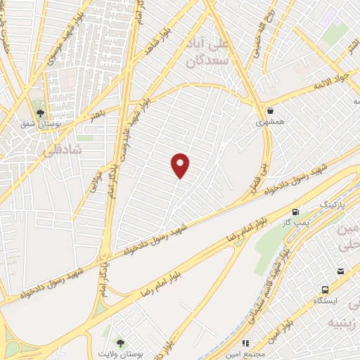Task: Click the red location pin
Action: (181, 165)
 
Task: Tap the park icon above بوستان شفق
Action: (41, 112)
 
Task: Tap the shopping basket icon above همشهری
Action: (271, 110)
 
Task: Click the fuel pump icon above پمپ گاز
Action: (295, 211)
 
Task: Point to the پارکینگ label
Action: (333, 204)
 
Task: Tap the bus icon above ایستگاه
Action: (325, 289)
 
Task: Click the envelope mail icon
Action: (341, 271)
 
